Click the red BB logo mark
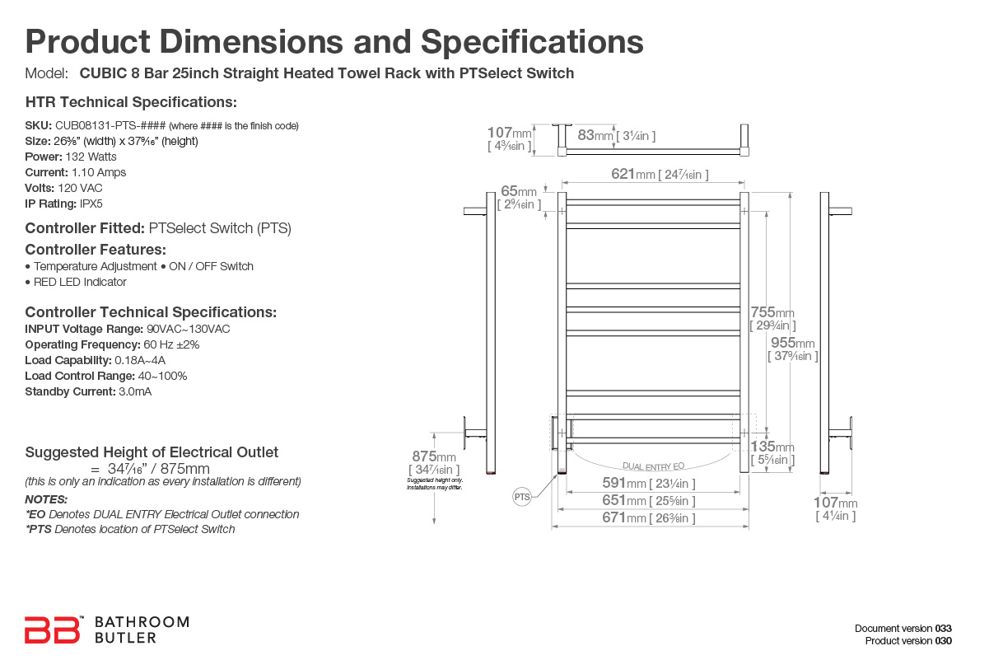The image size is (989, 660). [53, 630]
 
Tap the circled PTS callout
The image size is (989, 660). [522, 497]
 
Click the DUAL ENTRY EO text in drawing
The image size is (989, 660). [653, 466]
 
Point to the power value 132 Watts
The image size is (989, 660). [91, 157]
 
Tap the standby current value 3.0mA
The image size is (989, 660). [135, 391]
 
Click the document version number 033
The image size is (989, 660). [944, 629]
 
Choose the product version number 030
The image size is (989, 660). [944, 640]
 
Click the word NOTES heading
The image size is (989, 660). [46, 499]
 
